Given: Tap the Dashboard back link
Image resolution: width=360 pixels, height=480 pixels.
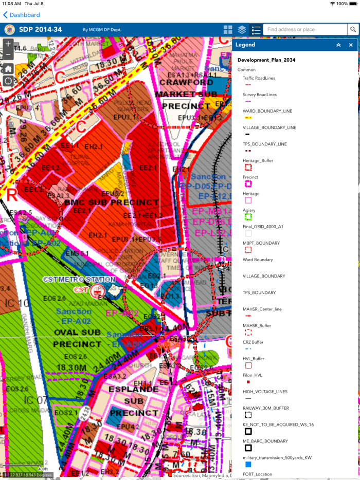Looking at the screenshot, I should pyautogui.click(x=22, y=15).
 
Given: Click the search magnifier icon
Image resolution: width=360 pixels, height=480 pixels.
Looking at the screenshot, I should pyautogui.click(x=353, y=30).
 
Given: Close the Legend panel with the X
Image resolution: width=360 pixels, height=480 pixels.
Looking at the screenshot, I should pyautogui.click(x=351, y=45).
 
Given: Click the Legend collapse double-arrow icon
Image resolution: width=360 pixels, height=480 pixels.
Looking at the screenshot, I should pyautogui.click(x=338, y=45).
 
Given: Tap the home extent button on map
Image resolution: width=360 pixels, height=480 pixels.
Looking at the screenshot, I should pyautogui.click(x=8, y=69).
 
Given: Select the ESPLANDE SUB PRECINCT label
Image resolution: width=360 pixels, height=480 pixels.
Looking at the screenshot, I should pyautogui.click(x=134, y=401).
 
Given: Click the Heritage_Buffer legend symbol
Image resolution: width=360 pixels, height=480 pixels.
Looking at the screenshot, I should pyautogui.click(x=248, y=168).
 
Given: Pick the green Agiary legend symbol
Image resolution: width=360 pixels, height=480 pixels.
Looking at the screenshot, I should pyautogui.click(x=248, y=217).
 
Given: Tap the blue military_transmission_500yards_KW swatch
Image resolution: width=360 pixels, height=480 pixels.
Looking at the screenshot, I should pyautogui.click(x=248, y=464).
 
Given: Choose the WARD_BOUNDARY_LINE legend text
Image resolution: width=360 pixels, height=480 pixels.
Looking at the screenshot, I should pyautogui.click(x=267, y=111).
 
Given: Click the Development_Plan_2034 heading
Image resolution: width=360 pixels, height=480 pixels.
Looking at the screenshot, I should pyautogui.click(x=266, y=60).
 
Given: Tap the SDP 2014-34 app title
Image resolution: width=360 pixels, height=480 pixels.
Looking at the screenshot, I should pyautogui.click(x=40, y=30).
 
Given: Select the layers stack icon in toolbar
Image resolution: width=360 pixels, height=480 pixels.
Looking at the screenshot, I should pyautogui.click(x=242, y=30).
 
